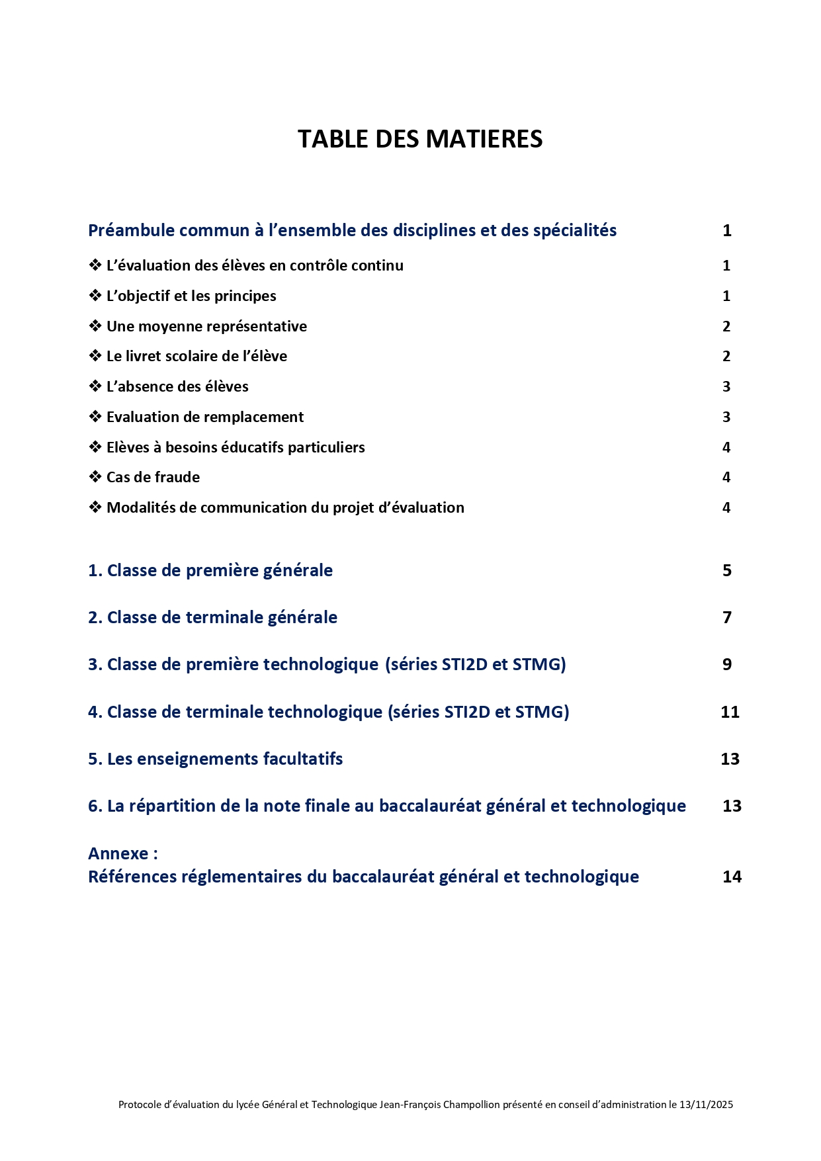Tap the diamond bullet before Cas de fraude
pos(95,477)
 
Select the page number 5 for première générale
pos(727,570)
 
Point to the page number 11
pos(730,712)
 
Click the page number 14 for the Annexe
pos(732,877)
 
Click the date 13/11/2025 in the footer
pos(706,1104)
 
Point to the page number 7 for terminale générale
pos(727,617)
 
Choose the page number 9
pos(727,664)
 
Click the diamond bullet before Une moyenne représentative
pos(95,326)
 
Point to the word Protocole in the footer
pos(140,1104)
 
